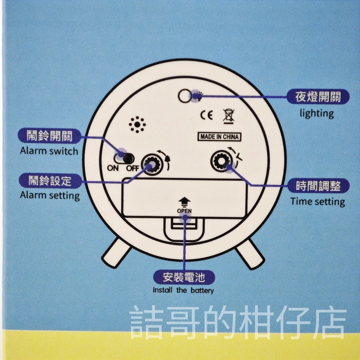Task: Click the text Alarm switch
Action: [49, 150]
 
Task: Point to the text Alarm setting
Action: [50, 195]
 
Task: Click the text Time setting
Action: [318, 201]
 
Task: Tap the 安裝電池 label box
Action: [184, 278]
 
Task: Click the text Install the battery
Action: [183, 290]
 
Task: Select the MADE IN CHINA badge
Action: [219, 137]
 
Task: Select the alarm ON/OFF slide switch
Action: [123, 158]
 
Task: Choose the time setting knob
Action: [221, 161]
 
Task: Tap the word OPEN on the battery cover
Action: [184, 211]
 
